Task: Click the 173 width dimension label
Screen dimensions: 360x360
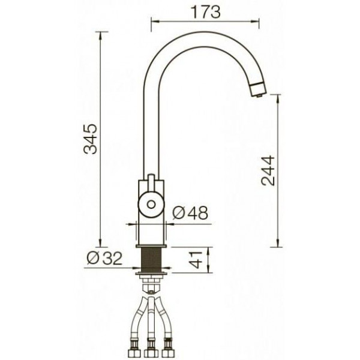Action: [206, 12]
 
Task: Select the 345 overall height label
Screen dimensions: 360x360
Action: [91, 139]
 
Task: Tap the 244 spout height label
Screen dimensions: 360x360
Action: [268, 170]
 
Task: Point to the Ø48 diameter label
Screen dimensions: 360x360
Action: [190, 212]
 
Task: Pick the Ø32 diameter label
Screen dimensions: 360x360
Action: [104, 258]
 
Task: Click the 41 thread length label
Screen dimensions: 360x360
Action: [196, 260]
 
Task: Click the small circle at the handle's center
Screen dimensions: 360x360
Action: [151, 205]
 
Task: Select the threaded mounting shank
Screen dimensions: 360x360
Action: [151, 260]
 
